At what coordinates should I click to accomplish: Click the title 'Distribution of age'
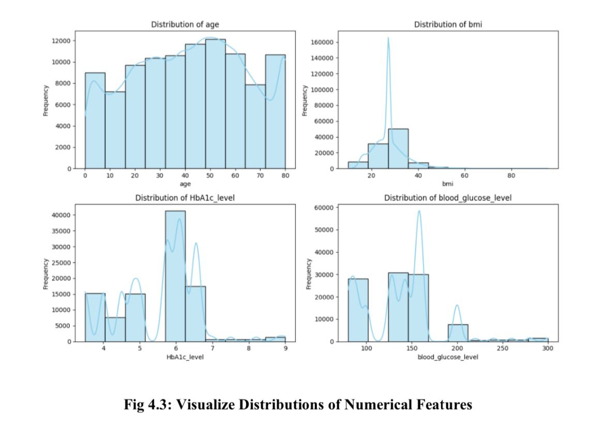(x=185, y=24)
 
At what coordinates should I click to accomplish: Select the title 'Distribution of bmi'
(x=448, y=24)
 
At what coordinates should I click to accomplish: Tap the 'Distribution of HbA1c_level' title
(x=185, y=198)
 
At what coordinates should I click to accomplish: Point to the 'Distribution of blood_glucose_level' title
(x=448, y=198)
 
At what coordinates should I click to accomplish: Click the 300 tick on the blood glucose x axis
(x=548, y=348)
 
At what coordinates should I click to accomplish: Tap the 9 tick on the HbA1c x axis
(x=285, y=348)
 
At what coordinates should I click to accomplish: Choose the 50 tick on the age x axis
(x=210, y=176)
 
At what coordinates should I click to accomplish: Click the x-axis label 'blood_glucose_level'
(x=448, y=357)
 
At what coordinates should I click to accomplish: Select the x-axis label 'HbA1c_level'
(x=185, y=357)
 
